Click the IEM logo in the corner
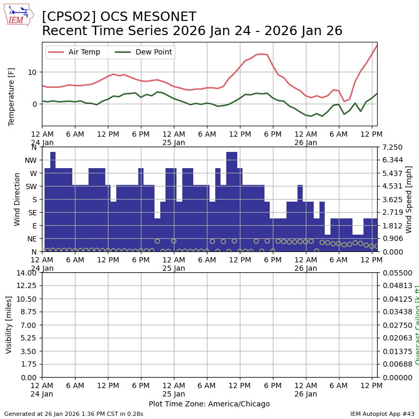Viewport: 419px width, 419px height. [x=18, y=15]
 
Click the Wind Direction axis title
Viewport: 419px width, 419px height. [x=17, y=199]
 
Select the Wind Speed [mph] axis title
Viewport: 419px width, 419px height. [x=409, y=199]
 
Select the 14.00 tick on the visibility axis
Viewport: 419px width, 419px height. [x=27, y=273]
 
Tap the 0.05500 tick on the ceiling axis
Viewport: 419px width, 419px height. [x=393, y=273]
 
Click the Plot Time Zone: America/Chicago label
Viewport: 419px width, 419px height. [x=209, y=404]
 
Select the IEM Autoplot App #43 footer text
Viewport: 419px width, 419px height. [x=382, y=414]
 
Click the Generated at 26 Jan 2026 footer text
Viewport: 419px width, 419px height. [x=74, y=414]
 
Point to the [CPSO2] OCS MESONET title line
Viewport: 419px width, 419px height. [x=119, y=17]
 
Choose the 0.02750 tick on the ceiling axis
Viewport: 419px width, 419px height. [x=393, y=325]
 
